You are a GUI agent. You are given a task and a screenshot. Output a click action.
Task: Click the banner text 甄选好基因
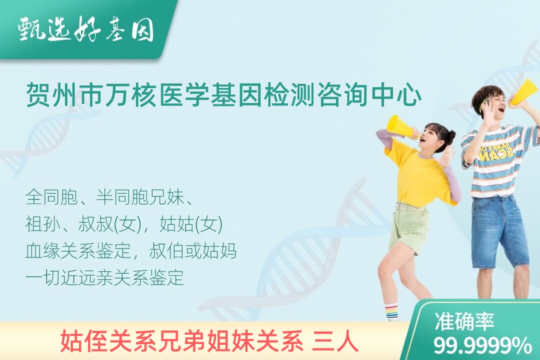pos(85,29)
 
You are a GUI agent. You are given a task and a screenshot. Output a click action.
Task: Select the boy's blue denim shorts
pos(498,232)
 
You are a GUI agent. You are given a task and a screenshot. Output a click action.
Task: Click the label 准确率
pos(464,321)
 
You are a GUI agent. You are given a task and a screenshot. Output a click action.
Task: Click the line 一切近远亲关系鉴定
pos(104,277)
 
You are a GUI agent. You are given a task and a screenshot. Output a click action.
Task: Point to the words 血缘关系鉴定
pos(78,251)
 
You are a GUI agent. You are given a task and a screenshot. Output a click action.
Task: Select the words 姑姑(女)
pos(191,224)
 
